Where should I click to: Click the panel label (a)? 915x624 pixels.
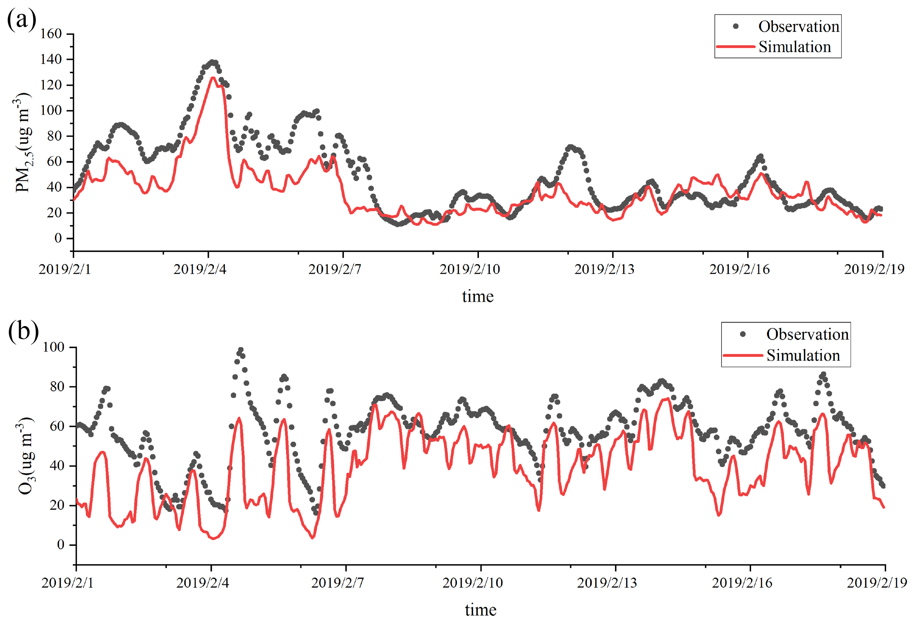pos(22,19)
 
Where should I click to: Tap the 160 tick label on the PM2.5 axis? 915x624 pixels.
pos(51,34)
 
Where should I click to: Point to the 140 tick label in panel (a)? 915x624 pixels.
pos(51,60)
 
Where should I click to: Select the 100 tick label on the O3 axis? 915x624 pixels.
pos(53,347)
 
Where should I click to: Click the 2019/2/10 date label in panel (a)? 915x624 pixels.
pos(470,269)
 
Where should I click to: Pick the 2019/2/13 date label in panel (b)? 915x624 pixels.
pos(607,583)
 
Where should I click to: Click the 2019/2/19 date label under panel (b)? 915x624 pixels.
pos(877,583)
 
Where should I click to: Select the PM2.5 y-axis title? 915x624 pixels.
pos(22,143)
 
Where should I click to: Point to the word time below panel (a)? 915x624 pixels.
pos(477,296)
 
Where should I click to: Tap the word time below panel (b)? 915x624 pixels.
pos(480,610)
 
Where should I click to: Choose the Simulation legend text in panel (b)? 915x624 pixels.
pos(803,355)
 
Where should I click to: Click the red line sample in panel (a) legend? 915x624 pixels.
pos(735,47)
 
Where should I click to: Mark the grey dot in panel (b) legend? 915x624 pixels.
pos(743,334)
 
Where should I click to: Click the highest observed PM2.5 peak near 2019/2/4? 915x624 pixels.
pos(213,63)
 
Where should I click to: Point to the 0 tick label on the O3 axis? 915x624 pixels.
pos(61,545)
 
